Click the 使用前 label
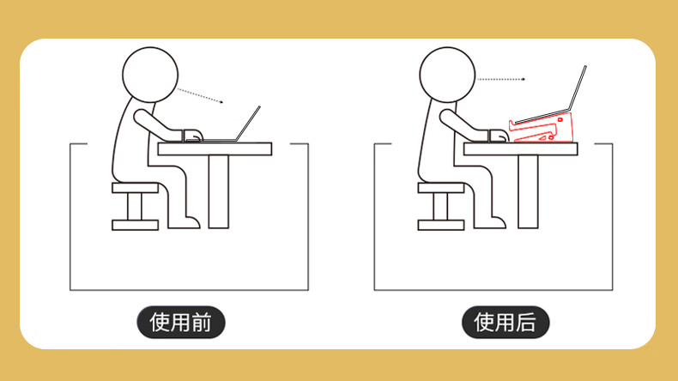tap(181, 322)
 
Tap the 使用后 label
tap(505, 322)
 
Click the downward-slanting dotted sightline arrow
tap(201, 96)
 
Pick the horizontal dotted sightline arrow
tap(501, 79)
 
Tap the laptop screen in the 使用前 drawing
tap(249, 124)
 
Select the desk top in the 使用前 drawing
tap(215, 149)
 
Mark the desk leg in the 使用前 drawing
tap(219, 191)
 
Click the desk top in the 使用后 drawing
tap(521, 149)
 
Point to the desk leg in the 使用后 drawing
tap(528, 191)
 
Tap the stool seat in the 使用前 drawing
tap(136, 188)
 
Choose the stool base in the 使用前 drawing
tap(136, 225)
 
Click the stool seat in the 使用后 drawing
tap(441, 188)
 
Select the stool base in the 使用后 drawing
tap(441, 225)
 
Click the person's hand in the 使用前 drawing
tap(193, 136)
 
